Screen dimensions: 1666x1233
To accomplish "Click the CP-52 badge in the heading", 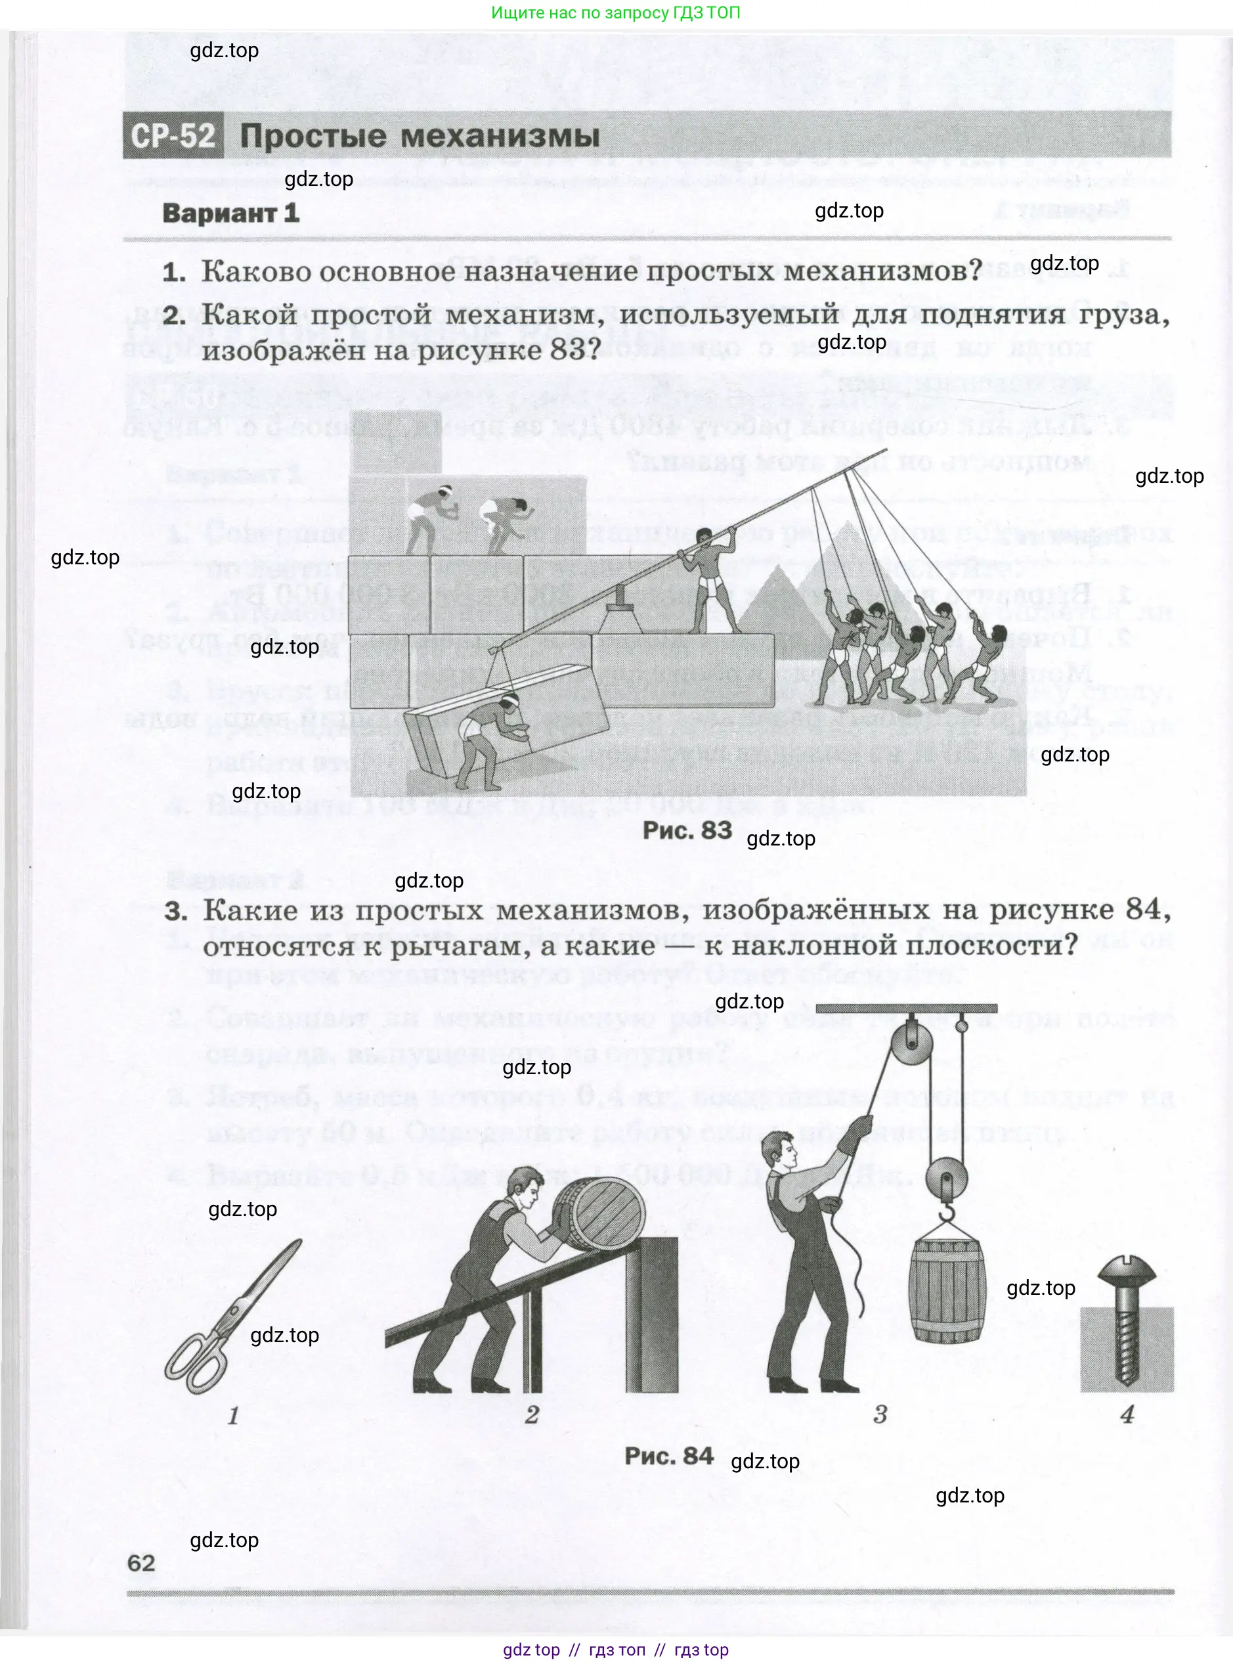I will tap(173, 136).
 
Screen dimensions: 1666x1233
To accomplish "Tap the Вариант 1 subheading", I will tap(230, 214).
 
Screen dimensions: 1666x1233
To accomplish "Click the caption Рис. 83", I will tap(687, 830).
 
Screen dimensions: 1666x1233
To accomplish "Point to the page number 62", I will tap(141, 1563).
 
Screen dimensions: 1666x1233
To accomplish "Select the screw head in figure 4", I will tap(1127, 1269).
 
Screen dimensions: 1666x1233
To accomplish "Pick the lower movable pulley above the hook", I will tap(945, 1179).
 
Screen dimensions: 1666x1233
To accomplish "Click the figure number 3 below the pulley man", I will tap(880, 1414).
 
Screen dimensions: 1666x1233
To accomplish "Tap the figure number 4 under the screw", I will tap(1127, 1414).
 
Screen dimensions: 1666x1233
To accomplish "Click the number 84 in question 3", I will tap(1142, 910).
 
